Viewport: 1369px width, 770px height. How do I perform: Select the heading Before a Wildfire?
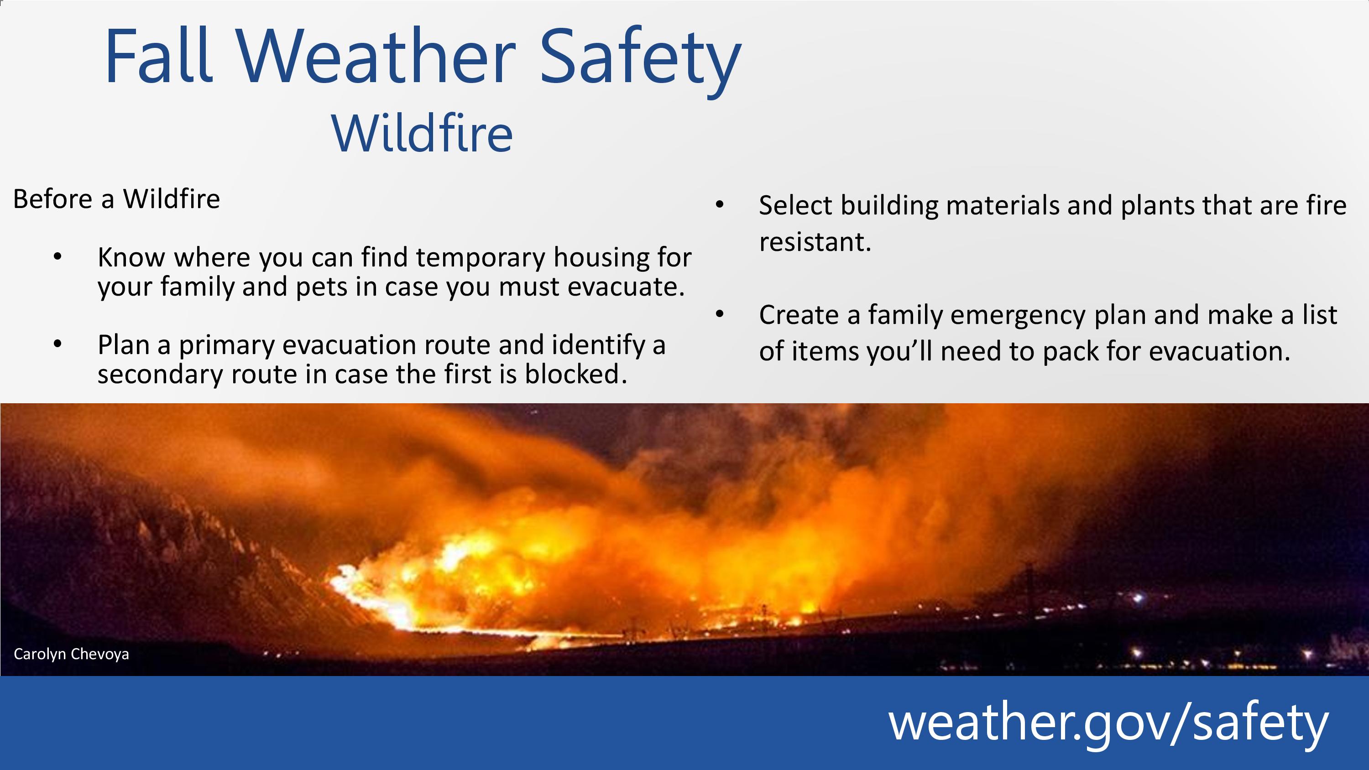tap(116, 199)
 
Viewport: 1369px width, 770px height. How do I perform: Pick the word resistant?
tap(815, 242)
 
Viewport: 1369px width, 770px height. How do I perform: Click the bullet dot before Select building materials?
tap(720, 205)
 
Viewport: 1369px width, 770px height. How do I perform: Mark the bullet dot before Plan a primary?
tap(57, 344)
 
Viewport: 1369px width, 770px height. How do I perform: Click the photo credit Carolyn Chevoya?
tap(71, 654)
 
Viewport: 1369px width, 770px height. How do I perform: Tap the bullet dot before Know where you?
tap(57, 257)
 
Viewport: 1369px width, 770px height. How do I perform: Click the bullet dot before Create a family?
tap(720, 314)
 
